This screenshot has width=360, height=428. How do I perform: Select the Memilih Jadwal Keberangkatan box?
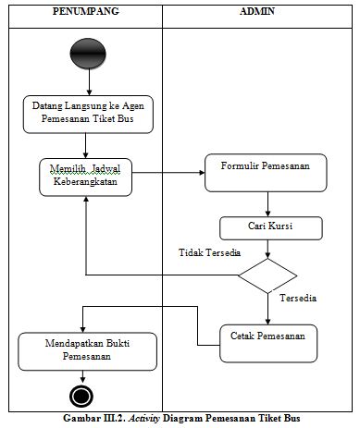[86, 176]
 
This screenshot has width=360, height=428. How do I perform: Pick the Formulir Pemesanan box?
[267, 172]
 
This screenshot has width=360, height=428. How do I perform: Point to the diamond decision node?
[267, 275]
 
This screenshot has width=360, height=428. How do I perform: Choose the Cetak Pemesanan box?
[267, 337]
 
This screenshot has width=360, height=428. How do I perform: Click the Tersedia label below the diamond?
[298, 300]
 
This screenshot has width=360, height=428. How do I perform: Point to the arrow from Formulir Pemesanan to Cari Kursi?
[267, 203]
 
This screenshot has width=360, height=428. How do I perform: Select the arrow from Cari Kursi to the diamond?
[267, 248]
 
